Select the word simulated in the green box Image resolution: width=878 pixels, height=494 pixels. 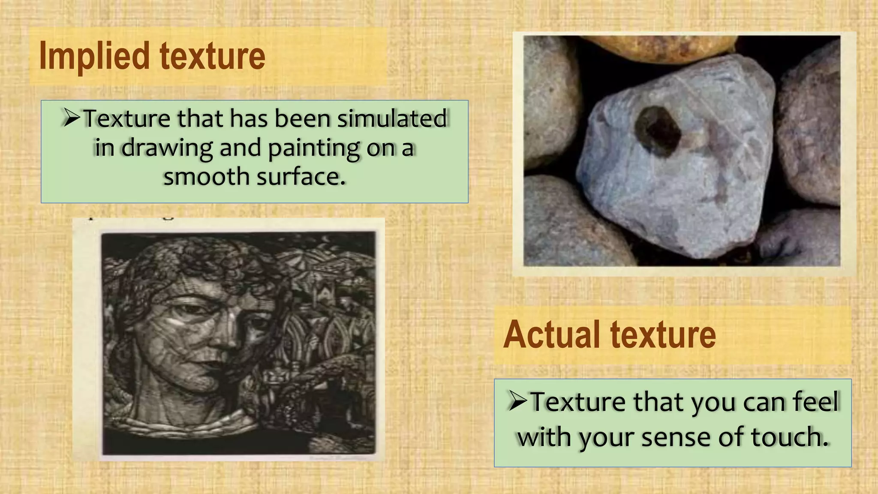point(392,119)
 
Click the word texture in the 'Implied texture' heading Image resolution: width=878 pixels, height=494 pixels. point(213,57)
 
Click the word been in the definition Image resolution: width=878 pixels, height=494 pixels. point(302,119)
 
